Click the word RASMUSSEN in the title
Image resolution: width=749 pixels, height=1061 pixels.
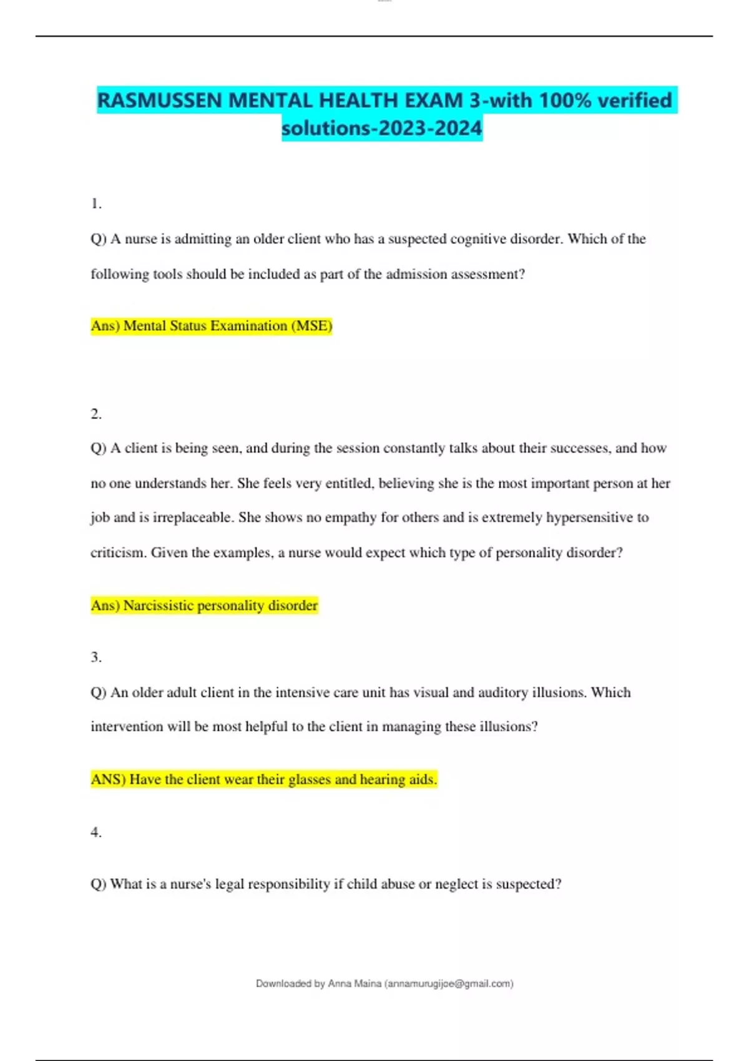pyautogui.click(x=160, y=100)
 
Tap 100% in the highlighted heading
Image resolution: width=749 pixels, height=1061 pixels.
pyautogui.click(x=565, y=100)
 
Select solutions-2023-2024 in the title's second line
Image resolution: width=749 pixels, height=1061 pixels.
pyautogui.click(x=382, y=129)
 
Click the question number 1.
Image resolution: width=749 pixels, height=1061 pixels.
pyautogui.click(x=95, y=203)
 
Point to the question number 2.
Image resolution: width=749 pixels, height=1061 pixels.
pyautogui.click(x=95, y=414)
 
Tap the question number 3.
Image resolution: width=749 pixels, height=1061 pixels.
pyautogui.click(x=95, y=657)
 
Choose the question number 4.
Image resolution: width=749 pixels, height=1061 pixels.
pyautogui.click(x=95, y=832)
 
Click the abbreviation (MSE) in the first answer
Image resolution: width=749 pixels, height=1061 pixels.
pyautogui.click(x=311, y=326)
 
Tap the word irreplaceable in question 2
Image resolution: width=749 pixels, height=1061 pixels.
pyautogui.click(x=194, y=517)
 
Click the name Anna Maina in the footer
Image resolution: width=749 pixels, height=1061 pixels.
pyautogui.click(x=355, y=984)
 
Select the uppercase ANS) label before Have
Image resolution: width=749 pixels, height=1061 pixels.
pyautogui.click(x=108, y=780)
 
